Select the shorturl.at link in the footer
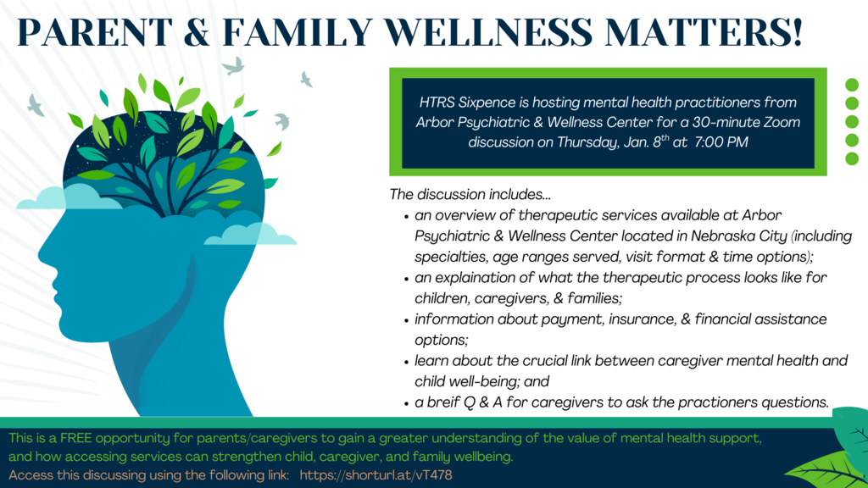pyautogui.click(x=376, y=475)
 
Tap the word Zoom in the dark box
pyautogui.click(x=780, y=122)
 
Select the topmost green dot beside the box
pyautogui.click(x=853, y=85)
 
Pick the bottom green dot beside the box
pyautogui.click(x=853, y=158)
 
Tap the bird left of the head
pyautogui.click(x=36, y=106)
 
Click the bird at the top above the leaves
pyautogui.click(x=234, y=65)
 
